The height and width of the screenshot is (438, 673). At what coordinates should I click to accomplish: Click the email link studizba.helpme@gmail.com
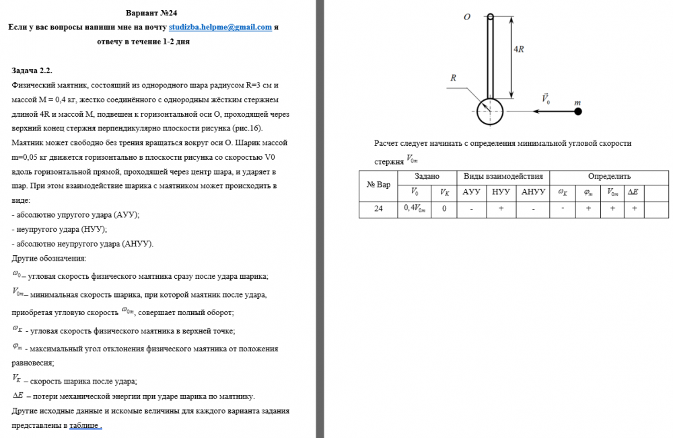click(x=220, y=28)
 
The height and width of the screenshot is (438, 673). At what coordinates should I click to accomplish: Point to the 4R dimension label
click(x=518, y=50)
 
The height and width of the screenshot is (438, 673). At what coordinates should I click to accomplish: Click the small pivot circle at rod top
click(x=491, y=17)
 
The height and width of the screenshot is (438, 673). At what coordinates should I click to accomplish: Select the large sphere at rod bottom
click(x=490, y=110)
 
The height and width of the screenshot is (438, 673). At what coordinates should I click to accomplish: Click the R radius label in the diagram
click(x=454, y=79)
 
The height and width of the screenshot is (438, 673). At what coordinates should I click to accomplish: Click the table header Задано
click(x=427, y=176)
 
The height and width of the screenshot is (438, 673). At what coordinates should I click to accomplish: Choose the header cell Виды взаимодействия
click(x=503, y=176)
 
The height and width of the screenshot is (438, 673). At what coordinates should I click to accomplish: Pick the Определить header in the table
click(x=609, y=176)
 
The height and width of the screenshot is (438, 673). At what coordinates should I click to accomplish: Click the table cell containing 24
click(x=379, y=209)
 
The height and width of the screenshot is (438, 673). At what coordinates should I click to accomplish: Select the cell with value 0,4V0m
click(x=415, y=209)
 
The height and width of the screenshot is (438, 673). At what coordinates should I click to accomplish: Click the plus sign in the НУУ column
click(x=501, y=209)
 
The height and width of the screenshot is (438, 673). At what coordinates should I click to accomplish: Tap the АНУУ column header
click(x=533, y=192)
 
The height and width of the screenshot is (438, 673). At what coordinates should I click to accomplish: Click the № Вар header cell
click(x=378, y=184)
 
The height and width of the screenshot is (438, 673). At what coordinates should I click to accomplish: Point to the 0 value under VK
click(x=444, y=209)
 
